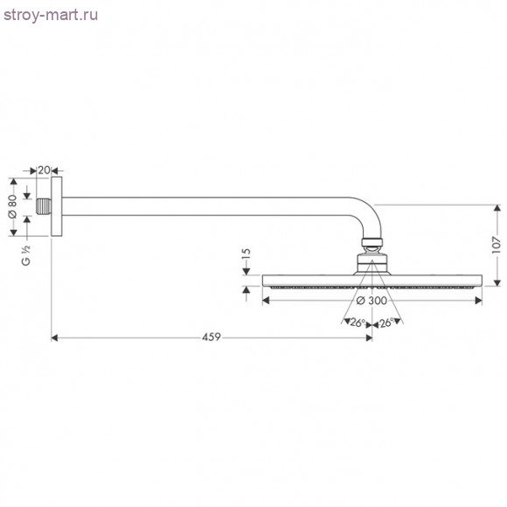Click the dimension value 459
click(211, 337)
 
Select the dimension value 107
click(496, 246)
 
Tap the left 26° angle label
click(356, 323)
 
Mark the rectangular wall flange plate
click(59, 206)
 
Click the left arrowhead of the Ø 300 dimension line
click(267, 301)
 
